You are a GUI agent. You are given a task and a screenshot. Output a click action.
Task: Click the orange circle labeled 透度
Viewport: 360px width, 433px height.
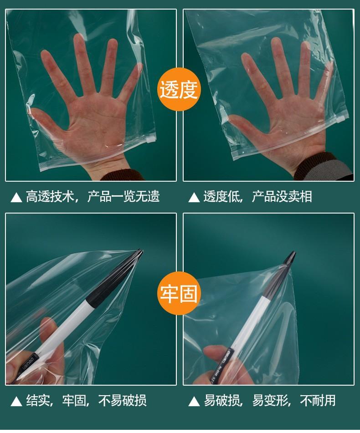click(x=179, y=89)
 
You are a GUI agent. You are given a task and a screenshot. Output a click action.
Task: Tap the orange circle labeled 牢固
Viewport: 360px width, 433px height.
click(x=179, y=293)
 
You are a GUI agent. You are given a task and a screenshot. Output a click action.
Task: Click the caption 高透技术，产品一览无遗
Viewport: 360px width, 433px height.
click(x=93, y=197)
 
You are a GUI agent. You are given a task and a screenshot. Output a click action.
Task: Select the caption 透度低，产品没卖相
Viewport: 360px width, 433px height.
click(x=257, y=197)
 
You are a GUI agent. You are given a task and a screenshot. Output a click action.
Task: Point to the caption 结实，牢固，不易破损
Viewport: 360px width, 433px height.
click(x=86, y=400)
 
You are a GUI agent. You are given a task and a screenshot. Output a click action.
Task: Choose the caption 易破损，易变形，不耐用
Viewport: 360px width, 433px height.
click(x=269, y=400)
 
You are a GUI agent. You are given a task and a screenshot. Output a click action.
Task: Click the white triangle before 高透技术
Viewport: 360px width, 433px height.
click(x=16, y=197)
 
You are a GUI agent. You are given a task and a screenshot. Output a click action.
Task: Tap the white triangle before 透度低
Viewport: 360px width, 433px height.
click(x=194, y=197)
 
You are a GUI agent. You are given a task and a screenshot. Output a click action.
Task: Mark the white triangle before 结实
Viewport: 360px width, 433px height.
click(x=16, y=401)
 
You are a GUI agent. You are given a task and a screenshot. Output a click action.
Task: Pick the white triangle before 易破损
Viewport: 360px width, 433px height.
click(x=194, y=401)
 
